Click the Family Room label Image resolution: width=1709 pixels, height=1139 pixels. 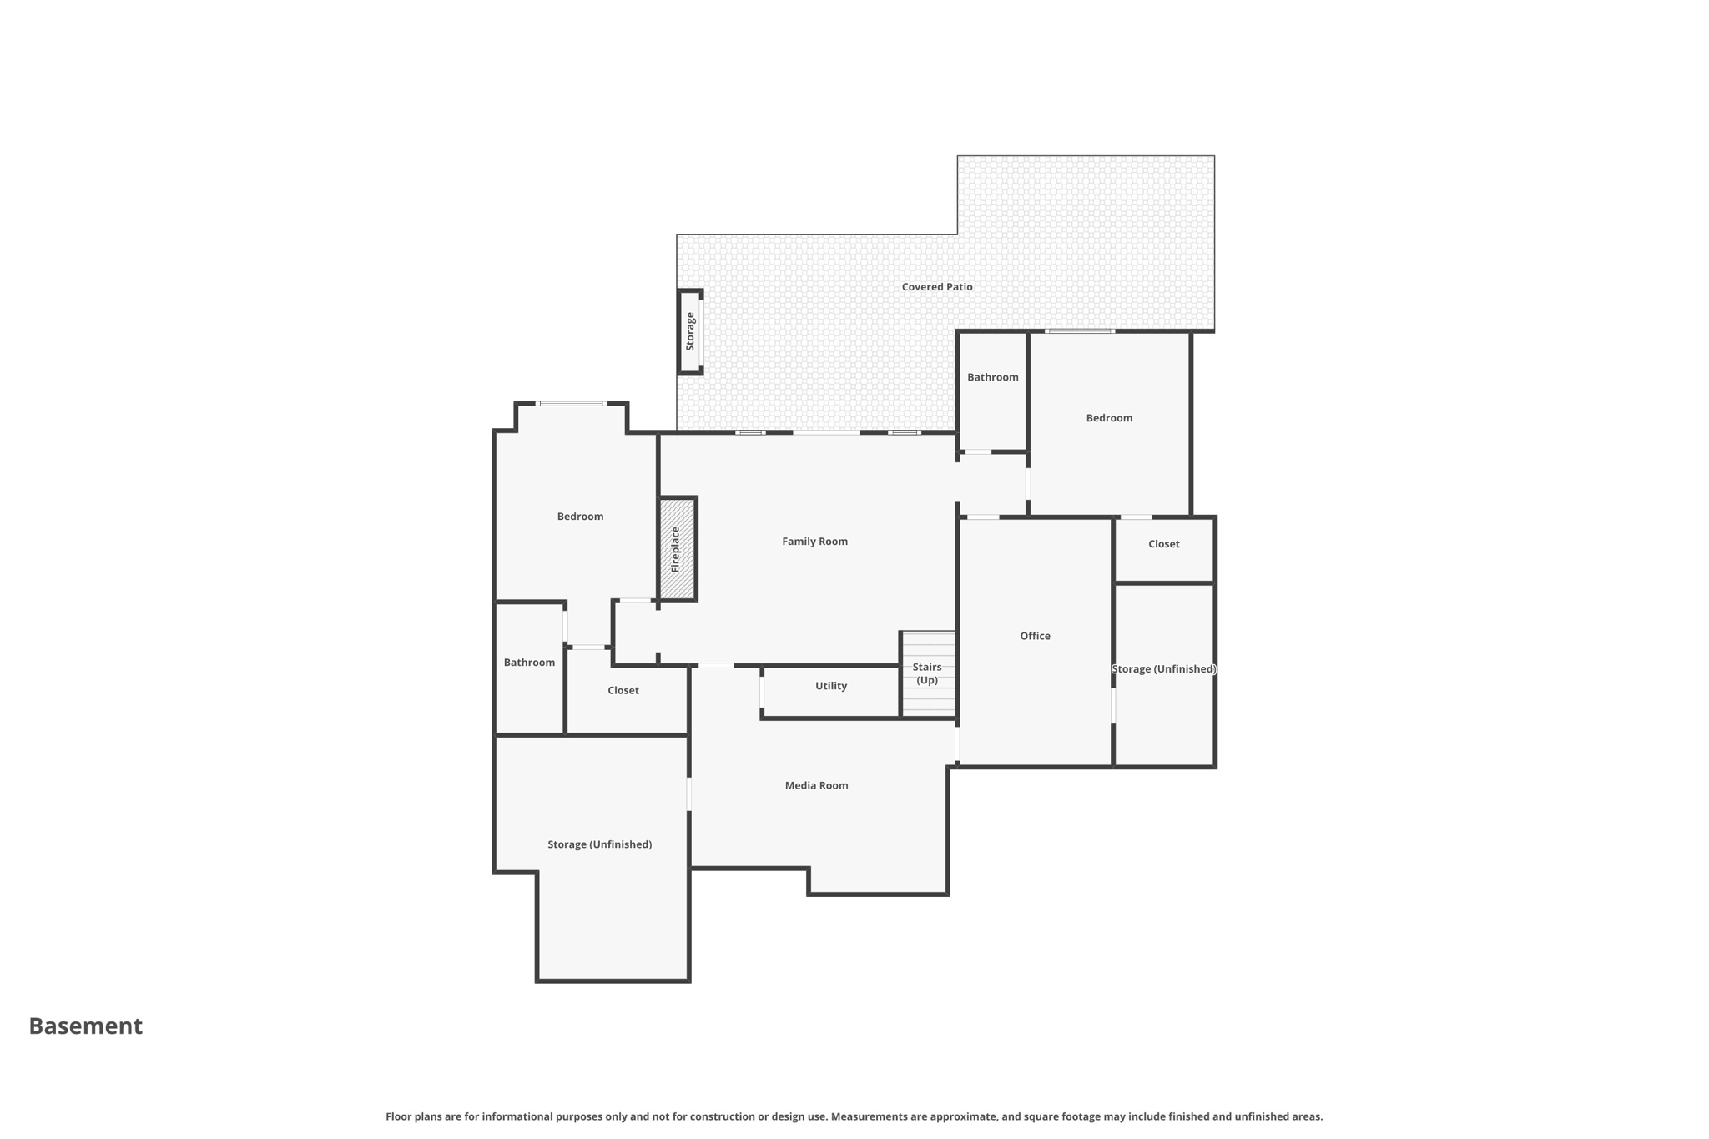[x=814, y=542]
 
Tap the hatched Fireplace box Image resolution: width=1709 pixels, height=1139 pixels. [x=677, y=548]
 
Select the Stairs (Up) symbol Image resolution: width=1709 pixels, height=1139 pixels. [x=927, y=673]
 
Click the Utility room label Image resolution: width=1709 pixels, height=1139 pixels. [x=830, y=686]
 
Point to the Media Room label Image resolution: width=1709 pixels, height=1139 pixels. [x=816, y=785]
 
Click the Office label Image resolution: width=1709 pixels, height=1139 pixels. [x=1035, y=636]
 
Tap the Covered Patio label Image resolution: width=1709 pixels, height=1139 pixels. [x=936, y=287]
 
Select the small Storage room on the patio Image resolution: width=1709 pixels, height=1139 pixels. [x=690, y=332]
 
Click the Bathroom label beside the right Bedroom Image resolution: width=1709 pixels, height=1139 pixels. [x=992, y=377]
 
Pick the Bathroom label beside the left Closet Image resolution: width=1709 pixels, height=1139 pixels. [x=529, y=663]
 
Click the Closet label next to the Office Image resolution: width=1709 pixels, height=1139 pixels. [x=1163, y=544]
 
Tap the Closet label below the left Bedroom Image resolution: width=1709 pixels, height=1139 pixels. [x=623, y=691]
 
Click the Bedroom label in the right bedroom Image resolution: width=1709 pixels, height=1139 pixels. [x=1109, y=418]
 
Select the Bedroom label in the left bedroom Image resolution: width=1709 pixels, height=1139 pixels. [x=580, y=517]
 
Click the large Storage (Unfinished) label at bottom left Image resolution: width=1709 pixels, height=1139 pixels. [x=599, y=844]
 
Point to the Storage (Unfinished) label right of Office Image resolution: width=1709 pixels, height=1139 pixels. [x=1163, y=669]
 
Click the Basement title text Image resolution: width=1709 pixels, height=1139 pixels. [x=86, y=1026]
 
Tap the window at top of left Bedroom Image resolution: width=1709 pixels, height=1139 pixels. [x=572, y=404]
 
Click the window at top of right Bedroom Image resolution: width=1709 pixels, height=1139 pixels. [x=1080, y=331]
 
